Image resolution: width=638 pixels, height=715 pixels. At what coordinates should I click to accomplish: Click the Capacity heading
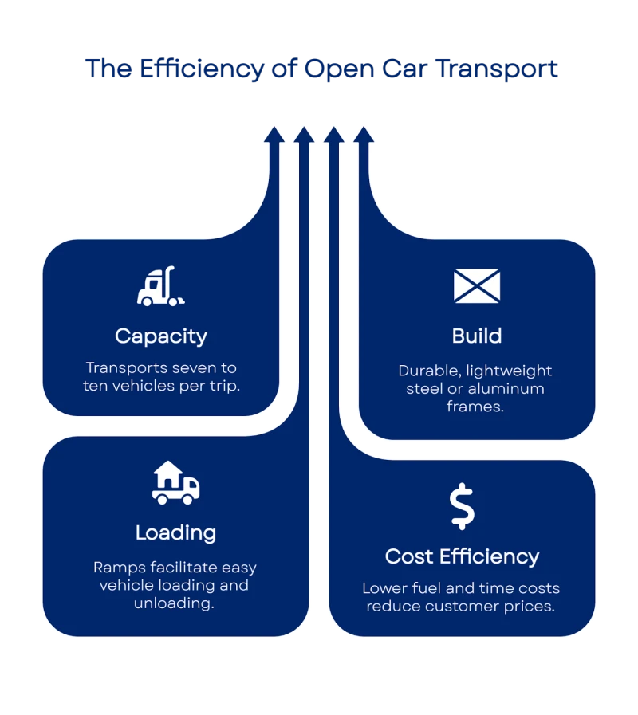click(x=160, y=336)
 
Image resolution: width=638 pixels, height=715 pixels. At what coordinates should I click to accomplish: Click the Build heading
click(x=477, y=336)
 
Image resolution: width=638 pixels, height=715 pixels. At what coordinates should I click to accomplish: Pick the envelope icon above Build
click(x=477, y=286)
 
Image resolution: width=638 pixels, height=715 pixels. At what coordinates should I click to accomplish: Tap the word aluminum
click(x=508, y=389)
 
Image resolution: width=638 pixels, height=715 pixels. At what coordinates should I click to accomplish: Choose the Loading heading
click(x=175, y=532)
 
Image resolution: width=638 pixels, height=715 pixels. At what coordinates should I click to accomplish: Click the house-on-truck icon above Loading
click(x=175, y=483)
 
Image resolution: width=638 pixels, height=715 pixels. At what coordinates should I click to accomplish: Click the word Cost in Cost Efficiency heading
click(x=409, y=556)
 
